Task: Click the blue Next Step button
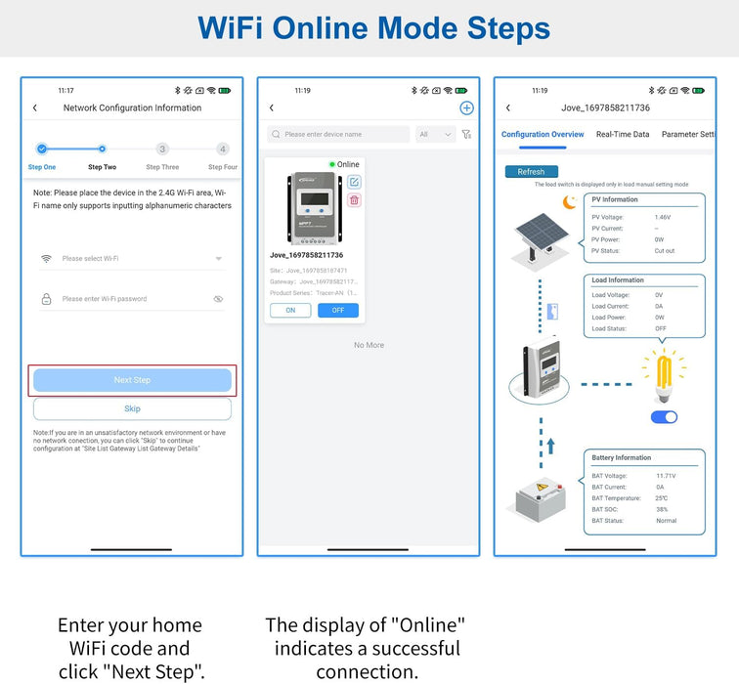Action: [x=132, y=380]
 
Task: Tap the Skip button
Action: [x=132, y=408]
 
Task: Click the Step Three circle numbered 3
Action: [x=162, y=150]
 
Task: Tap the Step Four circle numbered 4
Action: [x=223, y=150]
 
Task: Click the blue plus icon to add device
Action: [x=466, y=108]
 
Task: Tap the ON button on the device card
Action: [x=290, y=310]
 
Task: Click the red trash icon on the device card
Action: [x=354, y=200]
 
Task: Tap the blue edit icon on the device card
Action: [x=354, y=182]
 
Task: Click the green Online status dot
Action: [x=332, y=164]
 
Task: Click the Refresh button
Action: [x=531, y=172]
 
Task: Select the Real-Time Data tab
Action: [x=623, y=135]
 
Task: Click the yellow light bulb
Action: [x=664, y=375]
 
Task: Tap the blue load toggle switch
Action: [x=664, y=417]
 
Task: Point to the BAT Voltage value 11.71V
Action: [x=667, y=476]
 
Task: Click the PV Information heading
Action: [x=614, y=199]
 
